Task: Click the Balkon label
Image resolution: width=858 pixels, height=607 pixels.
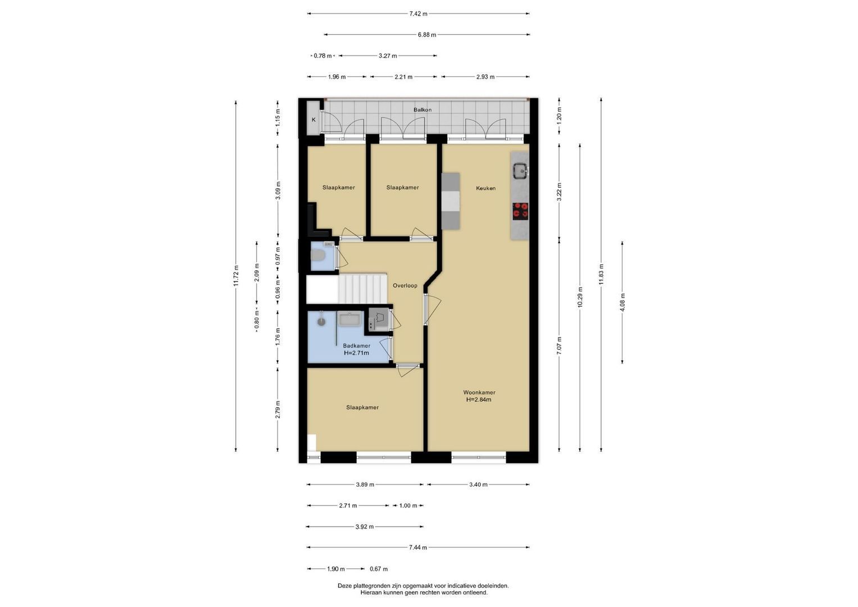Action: pyautogui.click(x=423, y=110)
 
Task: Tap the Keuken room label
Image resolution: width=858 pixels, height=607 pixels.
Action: pyautogui.click(x=485, y=188)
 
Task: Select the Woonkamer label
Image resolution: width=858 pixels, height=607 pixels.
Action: pyautogui.click(x=479, y=392)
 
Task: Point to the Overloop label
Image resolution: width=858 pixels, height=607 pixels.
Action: pyautogui.click(x=405, y=286)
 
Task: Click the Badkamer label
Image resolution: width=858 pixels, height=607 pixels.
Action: pyautogui.click(x=356, y=346)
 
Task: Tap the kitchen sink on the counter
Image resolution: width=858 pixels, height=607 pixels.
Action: pyautogui.click(x=520, y=170)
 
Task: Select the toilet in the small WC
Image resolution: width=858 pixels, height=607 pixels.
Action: pyautogui.click(x=317, y=255)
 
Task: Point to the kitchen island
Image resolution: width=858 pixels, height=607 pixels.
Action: pyautogui.click(x=451, y=201)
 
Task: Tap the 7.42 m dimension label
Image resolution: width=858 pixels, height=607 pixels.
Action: pyautogui.click(x=418, y=14)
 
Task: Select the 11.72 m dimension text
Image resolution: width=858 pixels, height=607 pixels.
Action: pyautogui.click(x=236, y=276)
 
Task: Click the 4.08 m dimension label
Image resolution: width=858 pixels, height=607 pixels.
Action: pyautogui.click(x=623, y=303)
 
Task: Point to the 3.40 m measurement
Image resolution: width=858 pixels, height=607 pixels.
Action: pyautogui.click(x=478, y=484)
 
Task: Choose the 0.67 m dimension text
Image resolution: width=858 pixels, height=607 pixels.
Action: pyautogui.click(x=379, y=569)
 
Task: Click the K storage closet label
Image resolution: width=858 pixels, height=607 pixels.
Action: pyautogui.click(x=314, y=120)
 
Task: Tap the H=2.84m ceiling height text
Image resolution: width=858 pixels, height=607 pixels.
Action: pyautogui.click(x=479, y=400)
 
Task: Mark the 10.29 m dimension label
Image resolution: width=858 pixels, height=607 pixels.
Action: pyautogui.click(x=580, y=297)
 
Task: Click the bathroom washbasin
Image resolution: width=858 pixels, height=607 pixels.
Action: pyautogui.click(x=349, y=319)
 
